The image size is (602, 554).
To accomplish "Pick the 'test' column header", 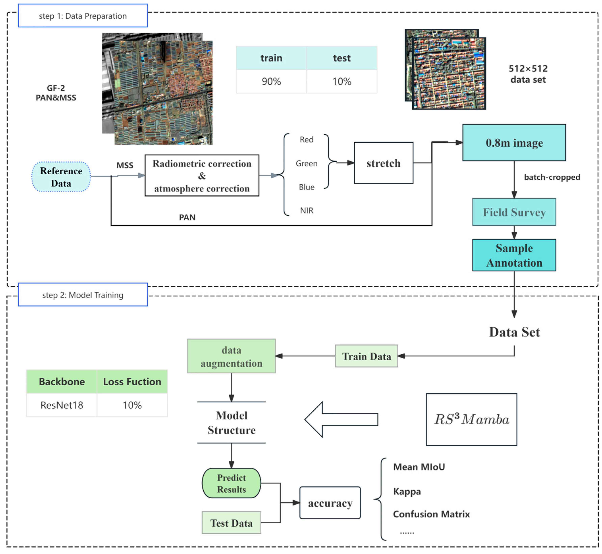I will pyautogui.click(x=342, y=58).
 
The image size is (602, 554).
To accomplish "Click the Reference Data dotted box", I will pyautogui.click(x=61, y=177).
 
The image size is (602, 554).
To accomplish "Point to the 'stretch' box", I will pyautogui.click(x=383, y=163).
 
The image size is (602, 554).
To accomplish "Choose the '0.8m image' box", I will pyautogui.click(x=514, y=143).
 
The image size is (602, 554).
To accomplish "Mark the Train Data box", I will pyautogui.click(x=366, y=356).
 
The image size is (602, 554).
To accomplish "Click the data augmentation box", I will pyautogui.click(x=231, y=356).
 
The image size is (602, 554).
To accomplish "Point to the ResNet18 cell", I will pyautogui.click(x=62, y=405).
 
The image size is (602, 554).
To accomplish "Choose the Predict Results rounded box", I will pyautogui.click(x=231, y=483).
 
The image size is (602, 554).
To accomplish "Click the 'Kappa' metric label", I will pyautogui.click(x=407, y=492).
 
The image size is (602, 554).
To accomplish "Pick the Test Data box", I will pyautogui.click(x=231, y=523).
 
